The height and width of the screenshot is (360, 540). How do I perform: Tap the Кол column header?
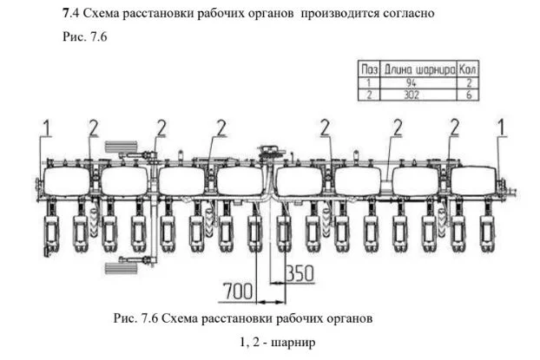click(469, 67)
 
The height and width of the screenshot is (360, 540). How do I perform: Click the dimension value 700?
click(237, 288)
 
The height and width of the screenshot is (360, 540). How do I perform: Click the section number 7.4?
click(72, 15)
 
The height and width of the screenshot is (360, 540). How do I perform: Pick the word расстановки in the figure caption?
click(220, 318)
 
